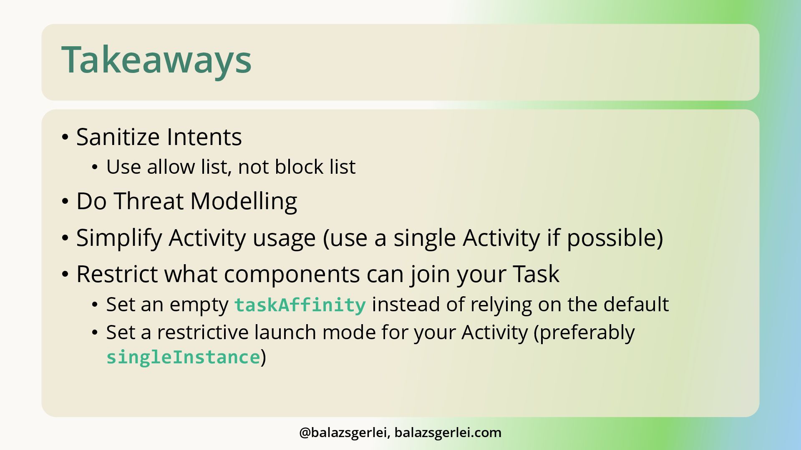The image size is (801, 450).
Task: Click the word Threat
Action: (149, 201)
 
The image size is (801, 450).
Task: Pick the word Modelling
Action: (244, 202)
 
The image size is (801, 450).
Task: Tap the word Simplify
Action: (119, 238)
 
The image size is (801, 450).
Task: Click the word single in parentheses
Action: (425, 238)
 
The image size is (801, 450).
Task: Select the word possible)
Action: (615, 238)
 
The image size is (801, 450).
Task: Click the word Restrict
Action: (117, 274)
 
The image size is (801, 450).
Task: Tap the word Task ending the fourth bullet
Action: (536, 274)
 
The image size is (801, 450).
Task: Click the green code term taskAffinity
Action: (300, 305)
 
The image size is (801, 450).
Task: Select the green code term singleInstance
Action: (184, 357)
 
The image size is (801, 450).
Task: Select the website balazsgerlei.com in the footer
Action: (448, 433)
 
